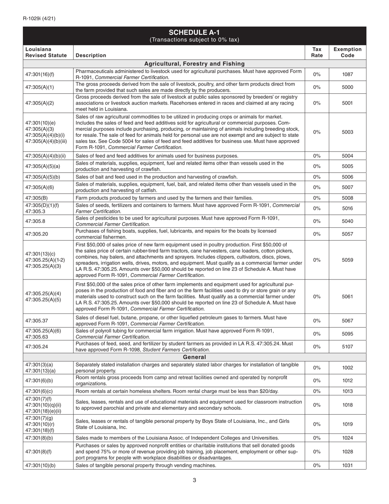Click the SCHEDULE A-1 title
coord(194,33)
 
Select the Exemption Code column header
coord(347,52)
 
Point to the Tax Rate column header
coord(317,52)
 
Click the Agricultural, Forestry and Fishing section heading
coord(194,64)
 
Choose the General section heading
coord(194,357)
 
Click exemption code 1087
coord(347,75)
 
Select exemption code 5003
coord(347,132)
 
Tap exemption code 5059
coord(347,260)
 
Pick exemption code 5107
coord(347,347)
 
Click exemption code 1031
coord(347,465)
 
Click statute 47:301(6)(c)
coord(39,391)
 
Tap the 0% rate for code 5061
coord(317,297)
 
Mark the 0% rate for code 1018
coord(317,405)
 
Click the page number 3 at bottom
coord(194,481)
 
